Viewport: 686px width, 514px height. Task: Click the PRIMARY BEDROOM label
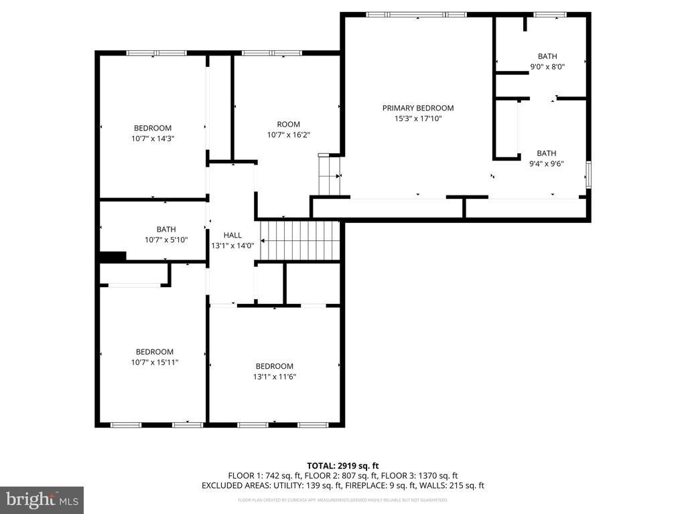click(418, 108)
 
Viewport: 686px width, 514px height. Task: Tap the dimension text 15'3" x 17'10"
click(418, 118)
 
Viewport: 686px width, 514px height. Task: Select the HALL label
click(232, 235)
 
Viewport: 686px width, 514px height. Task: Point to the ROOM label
click(288, 124)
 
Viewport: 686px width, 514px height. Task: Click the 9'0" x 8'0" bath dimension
click(547, 67)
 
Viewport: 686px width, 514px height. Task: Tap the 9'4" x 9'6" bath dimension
click(546, 163)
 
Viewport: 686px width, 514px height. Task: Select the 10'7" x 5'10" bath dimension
click(166, 240)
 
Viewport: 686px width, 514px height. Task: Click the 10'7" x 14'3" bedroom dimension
click(153, 139)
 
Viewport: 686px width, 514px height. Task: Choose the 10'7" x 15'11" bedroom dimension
click(155, 362)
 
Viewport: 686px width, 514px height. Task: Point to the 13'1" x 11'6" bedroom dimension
click(274, 376)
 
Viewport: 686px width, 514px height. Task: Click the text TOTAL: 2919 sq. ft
click(343, 465)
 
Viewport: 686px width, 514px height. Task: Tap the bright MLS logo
click(42, 499)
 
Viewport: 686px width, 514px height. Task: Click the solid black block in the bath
click(113, 256)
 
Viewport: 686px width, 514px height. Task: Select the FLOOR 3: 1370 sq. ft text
click(419, 475)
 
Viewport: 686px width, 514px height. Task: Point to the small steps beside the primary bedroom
click(329, 175)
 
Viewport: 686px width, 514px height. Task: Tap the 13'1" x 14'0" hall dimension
click(232, 246)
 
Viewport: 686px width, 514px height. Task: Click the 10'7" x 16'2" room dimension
click(288, 135)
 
